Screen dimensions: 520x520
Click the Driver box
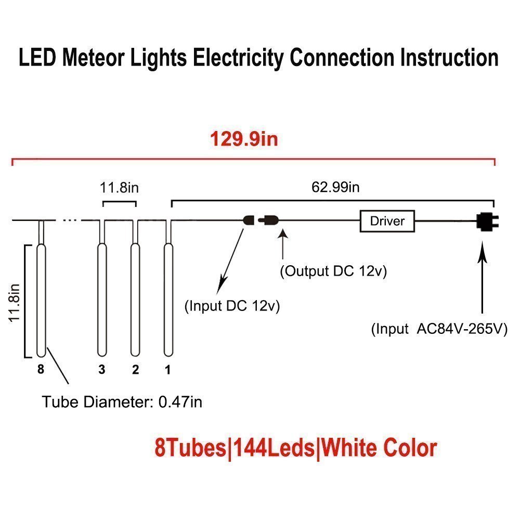point(387,221)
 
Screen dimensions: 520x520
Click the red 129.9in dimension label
point(244,139)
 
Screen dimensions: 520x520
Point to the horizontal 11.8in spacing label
point(120,187)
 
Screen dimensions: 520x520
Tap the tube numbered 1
point(168,299)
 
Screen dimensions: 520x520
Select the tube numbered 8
point(41,299)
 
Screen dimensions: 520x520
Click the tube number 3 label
point(102,370)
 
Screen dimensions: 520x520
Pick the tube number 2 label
point(135,370)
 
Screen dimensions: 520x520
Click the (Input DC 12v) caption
point(232,306)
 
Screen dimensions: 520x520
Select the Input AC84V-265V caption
point(439,329)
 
